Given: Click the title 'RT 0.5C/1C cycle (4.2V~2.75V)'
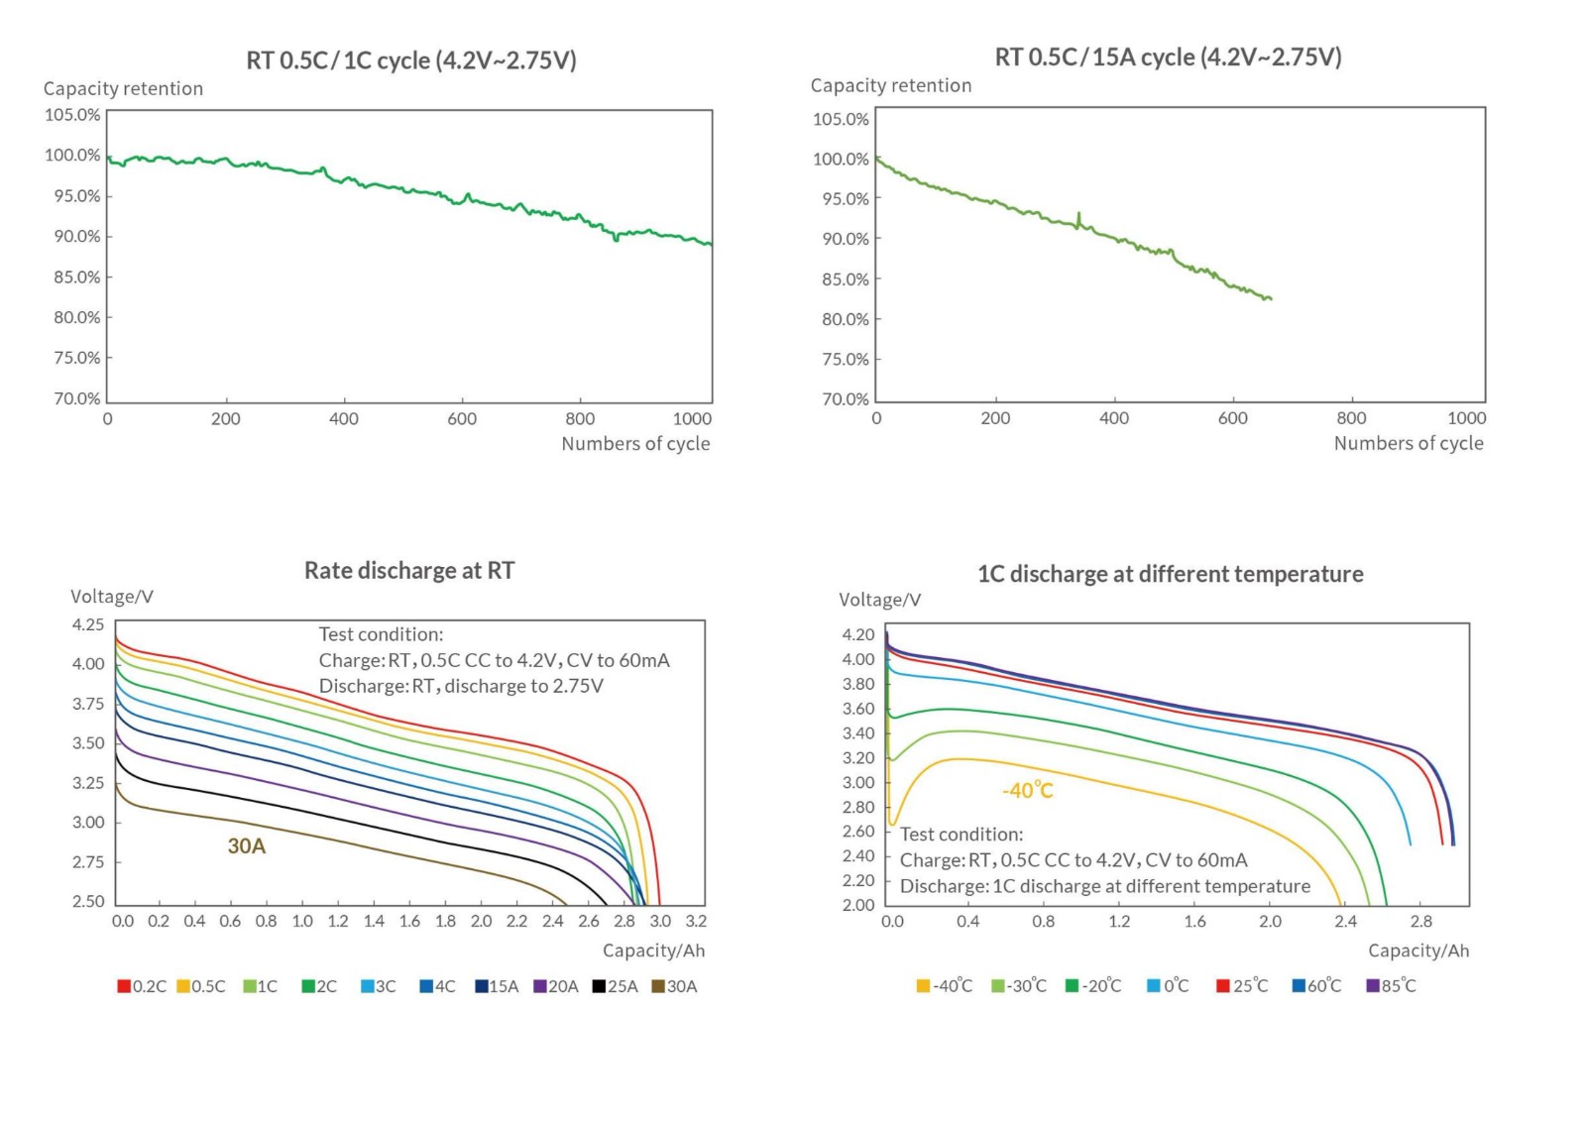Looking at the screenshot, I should click(410, 60).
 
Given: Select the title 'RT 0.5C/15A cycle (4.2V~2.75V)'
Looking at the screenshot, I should click(1168, 57).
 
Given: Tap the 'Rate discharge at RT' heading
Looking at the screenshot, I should click(408, 571).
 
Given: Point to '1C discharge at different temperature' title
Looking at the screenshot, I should click(1170, 574).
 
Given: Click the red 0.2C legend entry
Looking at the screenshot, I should click(142, 986).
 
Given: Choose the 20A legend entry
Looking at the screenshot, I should click(556, 986).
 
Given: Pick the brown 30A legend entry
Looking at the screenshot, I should click(674, 986).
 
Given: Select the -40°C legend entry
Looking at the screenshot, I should click(945, 986).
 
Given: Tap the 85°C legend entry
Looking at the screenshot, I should click(1392, 986).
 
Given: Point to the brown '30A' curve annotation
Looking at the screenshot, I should click(247, 846).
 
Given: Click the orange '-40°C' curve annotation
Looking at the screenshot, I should click(1027, 791).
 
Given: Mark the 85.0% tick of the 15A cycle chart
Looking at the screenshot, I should click(845, 280).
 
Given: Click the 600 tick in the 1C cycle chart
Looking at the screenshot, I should click(462, 419).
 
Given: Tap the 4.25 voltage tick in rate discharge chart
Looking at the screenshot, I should click(87, 624).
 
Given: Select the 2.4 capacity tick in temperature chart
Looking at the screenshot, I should click(1345, 922).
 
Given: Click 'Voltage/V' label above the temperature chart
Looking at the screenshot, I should click(879, 600).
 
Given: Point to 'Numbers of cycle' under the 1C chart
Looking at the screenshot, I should click(635, 444).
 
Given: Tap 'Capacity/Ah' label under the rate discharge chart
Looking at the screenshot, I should click(653, 951).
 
